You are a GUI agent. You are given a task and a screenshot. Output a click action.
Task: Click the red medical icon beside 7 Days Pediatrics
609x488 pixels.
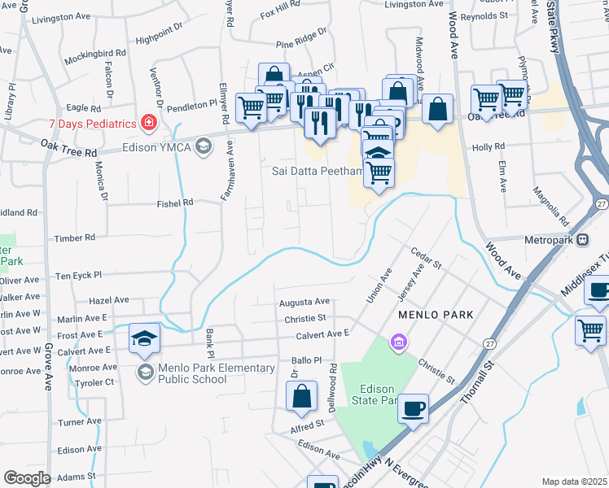pyautogui.click(x=149, y=123)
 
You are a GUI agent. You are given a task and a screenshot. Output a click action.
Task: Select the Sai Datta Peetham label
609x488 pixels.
pyautogui.click(x=316, y=171)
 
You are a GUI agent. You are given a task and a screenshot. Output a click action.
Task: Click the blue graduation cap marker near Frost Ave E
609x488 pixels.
pyautogui.click(x=144, y=338)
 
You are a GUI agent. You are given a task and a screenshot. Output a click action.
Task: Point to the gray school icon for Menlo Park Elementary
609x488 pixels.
pyautogui.click(x=144, y=373)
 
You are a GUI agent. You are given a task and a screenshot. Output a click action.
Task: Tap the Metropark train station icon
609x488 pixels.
pyautogui.click(x=583, y=240)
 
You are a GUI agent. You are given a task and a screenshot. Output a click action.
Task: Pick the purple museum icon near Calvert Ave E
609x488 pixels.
pyautogui.click(x=397, y=341)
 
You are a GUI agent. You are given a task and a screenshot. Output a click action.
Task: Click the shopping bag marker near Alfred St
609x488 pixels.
pyautogui.click(x=301, y=397)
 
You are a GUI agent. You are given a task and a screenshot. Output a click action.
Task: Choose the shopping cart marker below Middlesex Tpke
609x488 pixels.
pyautogui.click(x=590, y=330)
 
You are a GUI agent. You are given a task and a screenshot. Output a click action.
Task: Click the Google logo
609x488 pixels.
pyautogui.click(x=27, y=478)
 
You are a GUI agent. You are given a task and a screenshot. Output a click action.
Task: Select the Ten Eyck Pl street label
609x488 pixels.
pyautogui.click(x=78, y=276)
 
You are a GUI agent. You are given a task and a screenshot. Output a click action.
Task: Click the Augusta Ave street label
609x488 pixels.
pyautogui.click(x=304, y=302)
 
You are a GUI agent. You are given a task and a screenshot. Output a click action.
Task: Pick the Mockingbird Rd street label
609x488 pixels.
pyautogui.click(x=96, y=53)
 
